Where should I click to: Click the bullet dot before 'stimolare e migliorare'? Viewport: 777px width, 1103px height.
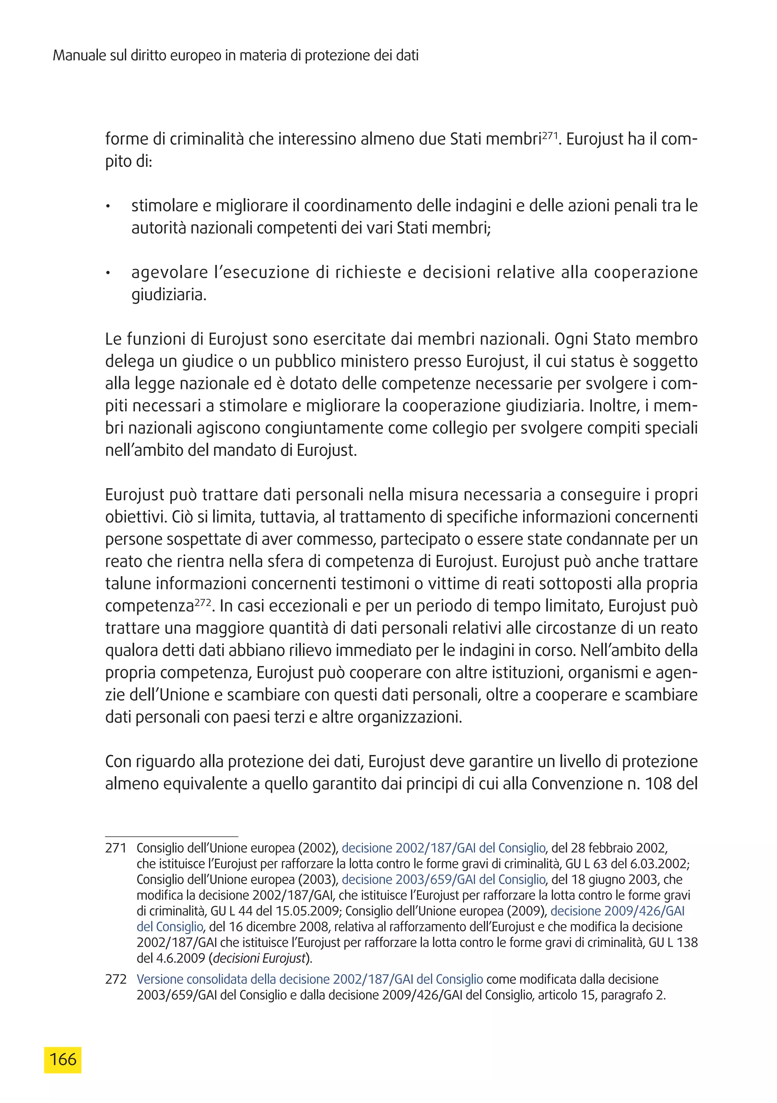[x=109, y=207]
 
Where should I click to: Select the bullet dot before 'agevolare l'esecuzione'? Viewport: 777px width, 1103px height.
[x=109, y=274]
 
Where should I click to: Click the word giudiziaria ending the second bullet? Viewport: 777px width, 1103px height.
[x=168, y=295]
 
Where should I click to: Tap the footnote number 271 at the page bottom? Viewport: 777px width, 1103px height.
[x=116, y=848]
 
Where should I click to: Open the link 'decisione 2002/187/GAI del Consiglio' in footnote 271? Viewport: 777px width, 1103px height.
[x=443, y=848]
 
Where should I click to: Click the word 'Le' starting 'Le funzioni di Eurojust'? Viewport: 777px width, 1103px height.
[x=113, y=339]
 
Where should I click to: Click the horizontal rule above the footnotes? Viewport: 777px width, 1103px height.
[x=171, y=837]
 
